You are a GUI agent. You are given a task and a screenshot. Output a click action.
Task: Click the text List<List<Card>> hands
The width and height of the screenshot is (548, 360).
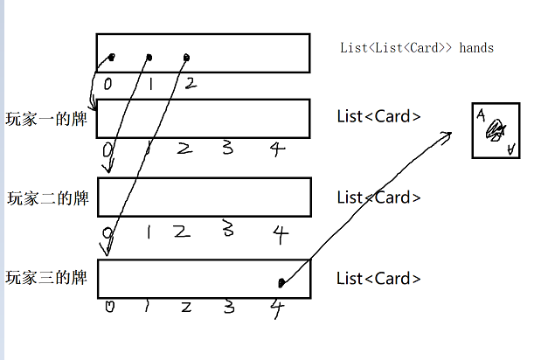point(417,48)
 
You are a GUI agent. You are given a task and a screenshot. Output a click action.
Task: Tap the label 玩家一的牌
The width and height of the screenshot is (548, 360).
point(47,119)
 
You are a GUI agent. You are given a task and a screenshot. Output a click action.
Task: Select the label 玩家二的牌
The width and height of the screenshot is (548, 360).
point(47,198)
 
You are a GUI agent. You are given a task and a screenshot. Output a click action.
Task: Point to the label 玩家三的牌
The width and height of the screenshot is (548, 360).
point(47,279)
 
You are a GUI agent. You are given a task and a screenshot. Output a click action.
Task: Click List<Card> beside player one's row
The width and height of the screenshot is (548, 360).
point(379,117)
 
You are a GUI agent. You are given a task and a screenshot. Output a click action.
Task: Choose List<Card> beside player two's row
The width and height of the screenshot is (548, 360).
point(379,197)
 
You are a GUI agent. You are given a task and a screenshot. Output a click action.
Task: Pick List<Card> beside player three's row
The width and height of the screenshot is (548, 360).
point(379,279)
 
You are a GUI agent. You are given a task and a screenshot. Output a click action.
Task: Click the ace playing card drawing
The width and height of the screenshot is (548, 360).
point(496,131)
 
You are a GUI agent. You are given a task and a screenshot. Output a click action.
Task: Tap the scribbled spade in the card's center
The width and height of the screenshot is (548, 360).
point(496,131)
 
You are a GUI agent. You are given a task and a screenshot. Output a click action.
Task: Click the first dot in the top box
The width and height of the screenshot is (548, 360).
point(112,59)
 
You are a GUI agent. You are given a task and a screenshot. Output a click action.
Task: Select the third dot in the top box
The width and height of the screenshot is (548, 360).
point(186,59)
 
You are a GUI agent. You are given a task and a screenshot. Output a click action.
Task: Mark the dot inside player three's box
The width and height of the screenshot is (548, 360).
point(281,282)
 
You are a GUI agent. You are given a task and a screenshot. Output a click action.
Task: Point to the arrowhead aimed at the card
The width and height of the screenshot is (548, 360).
point(447,134)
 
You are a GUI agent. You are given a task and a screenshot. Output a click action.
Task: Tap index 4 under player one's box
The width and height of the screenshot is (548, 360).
point(276,149)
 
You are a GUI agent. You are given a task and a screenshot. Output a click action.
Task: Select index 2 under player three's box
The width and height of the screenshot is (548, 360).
point(185,307)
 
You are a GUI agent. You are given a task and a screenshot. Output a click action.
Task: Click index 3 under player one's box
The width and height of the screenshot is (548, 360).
point(227,148)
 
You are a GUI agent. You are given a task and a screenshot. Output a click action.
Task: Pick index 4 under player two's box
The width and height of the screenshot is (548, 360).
point(280,232)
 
